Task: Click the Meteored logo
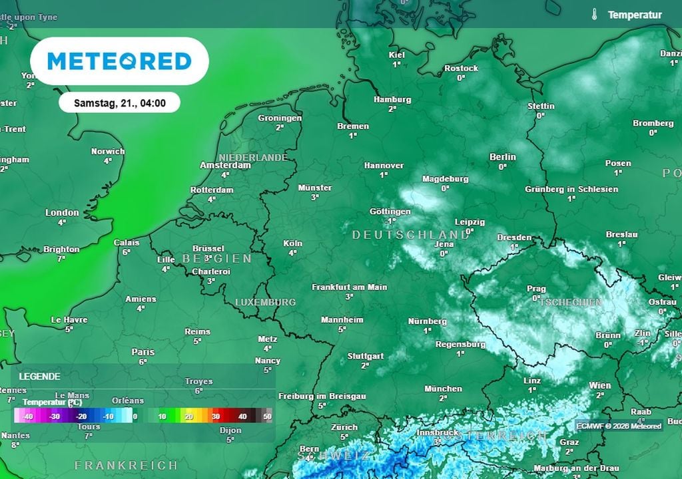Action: coord(119,61)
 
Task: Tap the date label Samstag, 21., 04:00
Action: coord(119,102)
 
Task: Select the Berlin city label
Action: coord(503,157)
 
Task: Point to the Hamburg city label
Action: coord(392,99)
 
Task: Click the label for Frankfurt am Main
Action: coord(350,287)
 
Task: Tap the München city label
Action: coord(443,389)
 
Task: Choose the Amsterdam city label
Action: coord(225,165)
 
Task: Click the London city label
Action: coord(62,213)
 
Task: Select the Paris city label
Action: coord(143,352)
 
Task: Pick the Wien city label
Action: coord(599,385)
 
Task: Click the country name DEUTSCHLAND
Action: coord(410,235)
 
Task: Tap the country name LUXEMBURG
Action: coord(265,302)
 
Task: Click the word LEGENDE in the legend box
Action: coord(40,376)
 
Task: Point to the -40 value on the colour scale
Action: coord(27,416)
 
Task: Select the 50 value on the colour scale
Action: coord(267,416)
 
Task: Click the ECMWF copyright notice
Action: coord(619,426)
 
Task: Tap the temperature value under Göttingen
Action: coord(390,221)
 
